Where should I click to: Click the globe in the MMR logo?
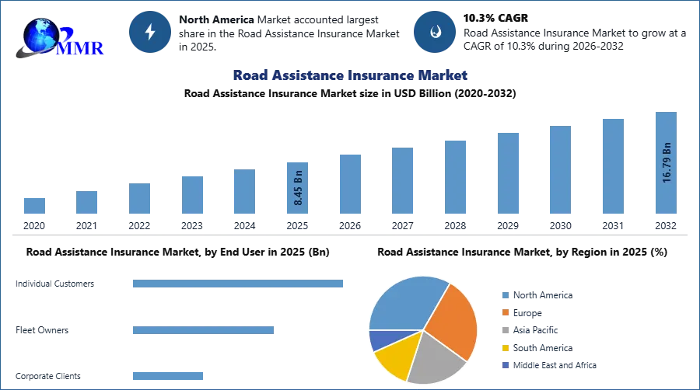point(39,34)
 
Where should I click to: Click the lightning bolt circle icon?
point(151,32)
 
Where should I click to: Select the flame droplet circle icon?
point(435,32)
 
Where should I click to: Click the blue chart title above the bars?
point(351,75)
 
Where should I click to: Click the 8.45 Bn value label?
point(298,187)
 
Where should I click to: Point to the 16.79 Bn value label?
point(666,162)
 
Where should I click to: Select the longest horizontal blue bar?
point(239,285)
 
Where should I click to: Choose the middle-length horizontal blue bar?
point(202,329)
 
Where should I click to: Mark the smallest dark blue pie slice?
point(380,340)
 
